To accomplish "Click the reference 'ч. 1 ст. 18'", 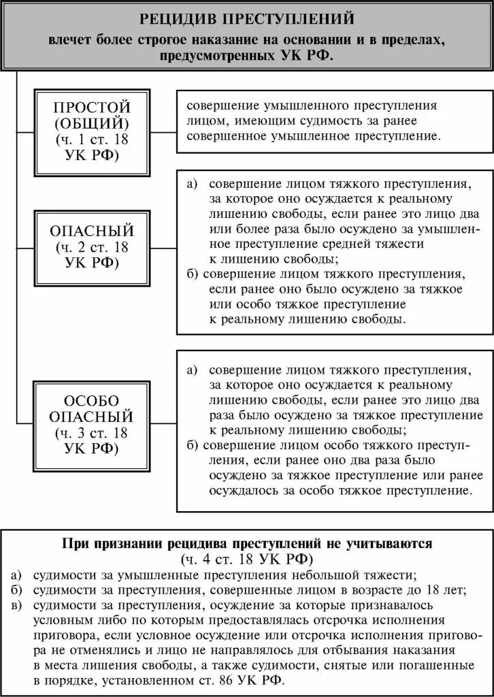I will click(x=93, y=140).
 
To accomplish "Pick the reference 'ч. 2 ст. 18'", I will click(x=93, y=247).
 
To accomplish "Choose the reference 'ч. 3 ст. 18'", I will click(x=93, y=433).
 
